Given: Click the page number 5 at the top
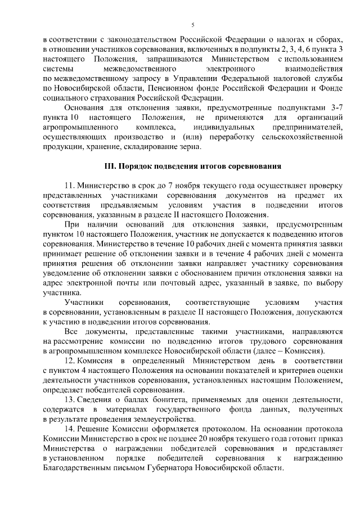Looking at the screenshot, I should tap(193, 25).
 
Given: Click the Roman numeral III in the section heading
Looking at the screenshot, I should tap(111, 168).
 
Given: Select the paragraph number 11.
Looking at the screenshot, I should tap(70, 185).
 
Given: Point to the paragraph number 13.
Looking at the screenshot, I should tap(70, 399).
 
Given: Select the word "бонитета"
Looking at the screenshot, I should tap(155, 399).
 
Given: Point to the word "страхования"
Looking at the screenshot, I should tap(99, 98).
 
